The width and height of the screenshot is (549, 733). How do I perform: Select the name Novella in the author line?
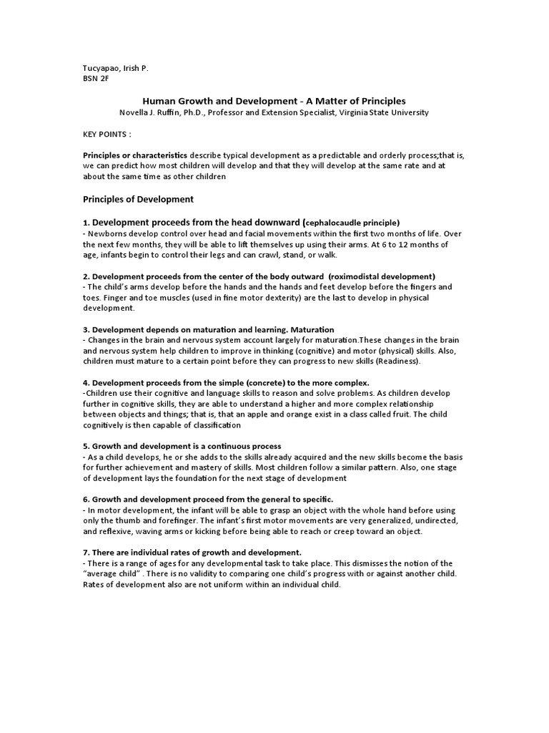tap(137, 112)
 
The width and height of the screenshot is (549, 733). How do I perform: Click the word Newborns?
tap(109, 233)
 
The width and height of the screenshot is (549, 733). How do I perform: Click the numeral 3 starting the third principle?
tap(86, 329)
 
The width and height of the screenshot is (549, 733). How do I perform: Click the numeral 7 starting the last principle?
tap(86, 553)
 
